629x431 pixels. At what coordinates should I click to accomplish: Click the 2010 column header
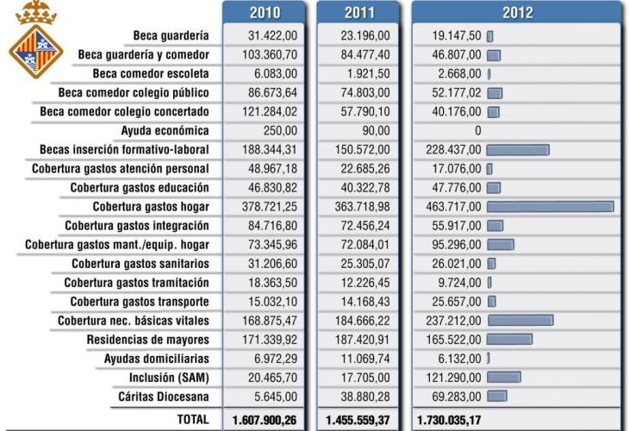pos(264,12)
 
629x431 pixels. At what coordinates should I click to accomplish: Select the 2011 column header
pos(358,12)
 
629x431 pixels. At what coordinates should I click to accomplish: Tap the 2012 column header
pos(517,12)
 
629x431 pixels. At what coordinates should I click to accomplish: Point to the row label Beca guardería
pos(171,36)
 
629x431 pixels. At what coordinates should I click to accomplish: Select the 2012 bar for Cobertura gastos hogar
pos(550,207)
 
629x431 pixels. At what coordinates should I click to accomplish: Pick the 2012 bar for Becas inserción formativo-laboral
pos(518,150)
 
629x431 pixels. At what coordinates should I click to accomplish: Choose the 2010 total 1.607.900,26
pos(265,419)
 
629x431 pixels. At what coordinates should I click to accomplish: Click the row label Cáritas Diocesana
pos(163,397)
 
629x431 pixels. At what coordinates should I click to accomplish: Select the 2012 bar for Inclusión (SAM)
pos(504,378)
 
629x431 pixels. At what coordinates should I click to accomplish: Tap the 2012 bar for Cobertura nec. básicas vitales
pos(520,321)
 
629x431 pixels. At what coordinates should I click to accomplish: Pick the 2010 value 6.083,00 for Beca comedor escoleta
pos(275,74)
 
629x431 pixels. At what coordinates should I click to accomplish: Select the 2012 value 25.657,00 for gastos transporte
pos(458,302)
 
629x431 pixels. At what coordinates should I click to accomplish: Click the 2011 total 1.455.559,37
pos(358,419)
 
